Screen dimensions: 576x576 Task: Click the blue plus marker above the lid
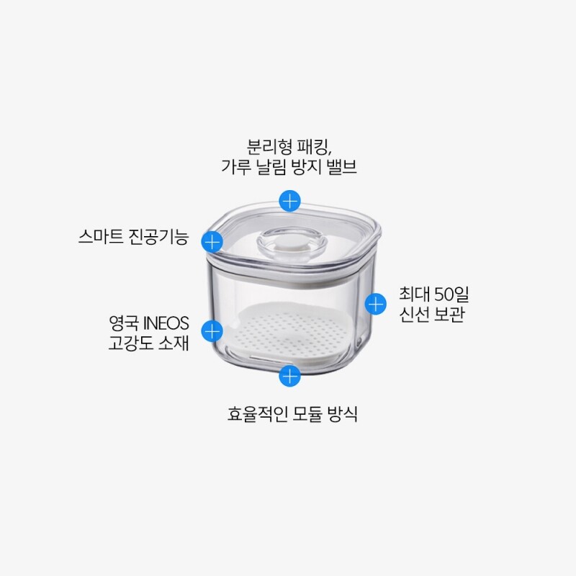290,201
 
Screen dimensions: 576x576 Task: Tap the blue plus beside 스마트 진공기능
212,242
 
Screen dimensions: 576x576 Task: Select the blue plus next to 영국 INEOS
212,331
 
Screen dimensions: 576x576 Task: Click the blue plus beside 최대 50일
375,304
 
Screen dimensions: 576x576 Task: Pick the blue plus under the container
290,376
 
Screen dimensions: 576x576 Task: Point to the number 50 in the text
443,294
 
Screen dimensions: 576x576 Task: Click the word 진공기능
158,237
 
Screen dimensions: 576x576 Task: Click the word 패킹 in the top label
315,147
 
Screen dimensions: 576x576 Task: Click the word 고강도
130,343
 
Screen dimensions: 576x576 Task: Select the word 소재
174,343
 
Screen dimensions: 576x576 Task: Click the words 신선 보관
432,314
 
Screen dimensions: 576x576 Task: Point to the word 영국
124,323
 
